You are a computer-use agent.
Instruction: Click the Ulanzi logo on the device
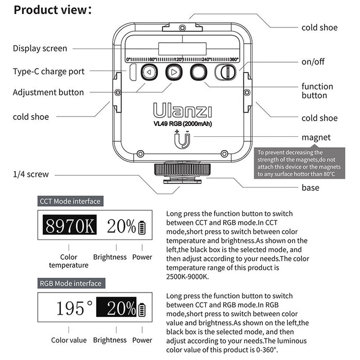pyautogui.click(x=175, y=111)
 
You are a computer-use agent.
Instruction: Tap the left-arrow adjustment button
pyautogui.click(x=149, y=73)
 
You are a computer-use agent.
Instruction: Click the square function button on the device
pyautogui.click(x=198, y=73)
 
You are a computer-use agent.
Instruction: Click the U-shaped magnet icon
pyautogui.click(x=182, y=140)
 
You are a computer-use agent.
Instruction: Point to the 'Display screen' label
pyautogui.click(x=40, y=48)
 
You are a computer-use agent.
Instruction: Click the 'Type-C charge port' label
pyautogui.click(x=48, y=71)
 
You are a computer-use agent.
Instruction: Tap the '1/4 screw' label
pyautogui.click(x=31, y=174)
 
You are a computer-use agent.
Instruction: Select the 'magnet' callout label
pyautogui.click(x=316, y=137)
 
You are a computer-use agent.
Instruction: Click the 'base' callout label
pyautogui.click(x=310, y=188)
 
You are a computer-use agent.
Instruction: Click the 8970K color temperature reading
pyautogui.click(x=69, y=226)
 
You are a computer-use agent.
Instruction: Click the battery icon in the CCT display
pyautogui.click(x=142, y=226)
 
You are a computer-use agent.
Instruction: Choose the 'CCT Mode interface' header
pyautogui.click(x=70, y=201)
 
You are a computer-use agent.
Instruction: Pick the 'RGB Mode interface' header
pyautogui.click(x=71, y=283)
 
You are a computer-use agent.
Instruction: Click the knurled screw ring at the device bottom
pyautogui.click(x=175, y=169)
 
